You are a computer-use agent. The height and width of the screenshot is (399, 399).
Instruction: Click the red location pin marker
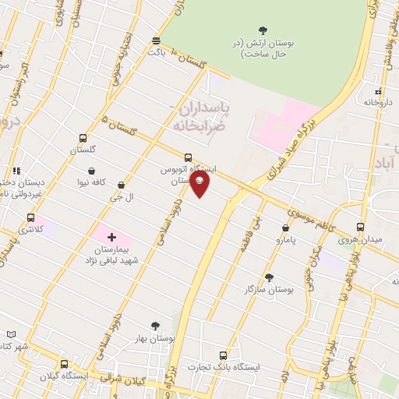tap(200, 182)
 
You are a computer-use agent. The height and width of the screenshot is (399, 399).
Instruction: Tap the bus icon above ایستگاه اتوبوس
tap(187, 157)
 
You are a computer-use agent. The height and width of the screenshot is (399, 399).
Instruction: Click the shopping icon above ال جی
tap(121, 185)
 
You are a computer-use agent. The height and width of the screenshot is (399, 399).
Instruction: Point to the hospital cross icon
tap(111, 236)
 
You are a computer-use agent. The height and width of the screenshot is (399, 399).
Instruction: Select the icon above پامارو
tap(285, 228)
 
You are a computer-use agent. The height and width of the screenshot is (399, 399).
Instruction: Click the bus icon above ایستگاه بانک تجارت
tap(224, 355)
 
